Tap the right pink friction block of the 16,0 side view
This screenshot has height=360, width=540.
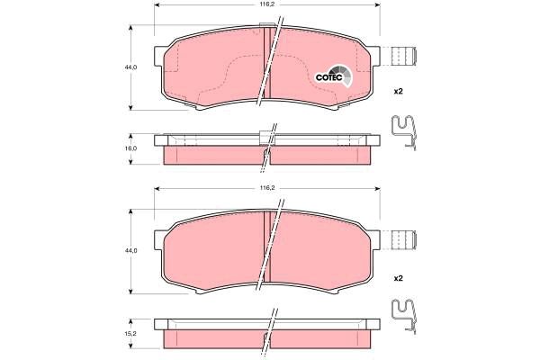pyautogui.click(x=319, y=155)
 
